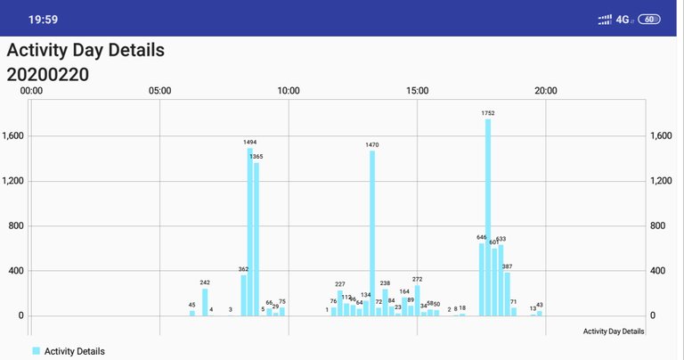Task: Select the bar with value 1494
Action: click(250, 232)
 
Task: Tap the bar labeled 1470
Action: click(372, 233)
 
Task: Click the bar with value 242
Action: click(205, 302)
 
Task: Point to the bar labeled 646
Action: click(482, 279)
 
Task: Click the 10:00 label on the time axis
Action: click(289, 90)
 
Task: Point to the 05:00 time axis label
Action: click(159, 90)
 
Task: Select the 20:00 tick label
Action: click(546, 90)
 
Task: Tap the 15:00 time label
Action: click(417, 90)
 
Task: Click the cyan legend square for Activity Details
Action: click(37, 351)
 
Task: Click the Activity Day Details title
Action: click(85, 51)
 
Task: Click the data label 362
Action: click(243, 269)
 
